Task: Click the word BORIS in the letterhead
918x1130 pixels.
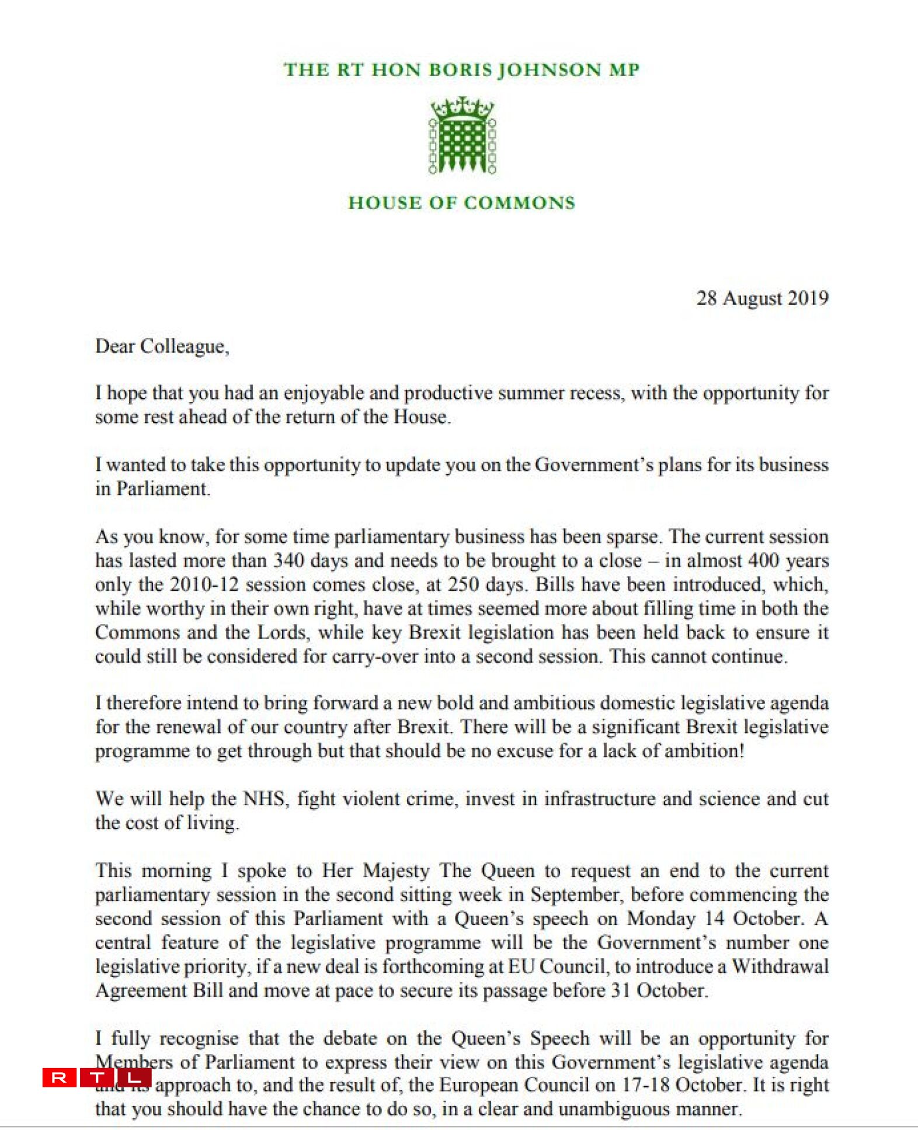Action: (460, 70)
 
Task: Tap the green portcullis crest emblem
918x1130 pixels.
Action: (462, 136)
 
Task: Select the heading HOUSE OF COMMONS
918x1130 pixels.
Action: (461, 203)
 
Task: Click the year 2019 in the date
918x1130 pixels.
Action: (808, 298)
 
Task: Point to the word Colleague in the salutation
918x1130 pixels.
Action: (183, 346)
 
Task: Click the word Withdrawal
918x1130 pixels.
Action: (780, 966)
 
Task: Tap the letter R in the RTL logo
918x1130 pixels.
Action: (59, 1077)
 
